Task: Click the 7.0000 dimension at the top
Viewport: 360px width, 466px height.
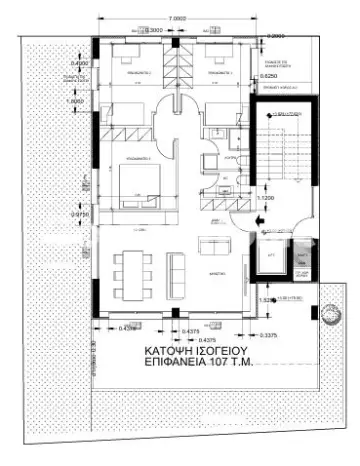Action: (178, 19)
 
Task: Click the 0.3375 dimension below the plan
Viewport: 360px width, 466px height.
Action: (268, 336)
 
